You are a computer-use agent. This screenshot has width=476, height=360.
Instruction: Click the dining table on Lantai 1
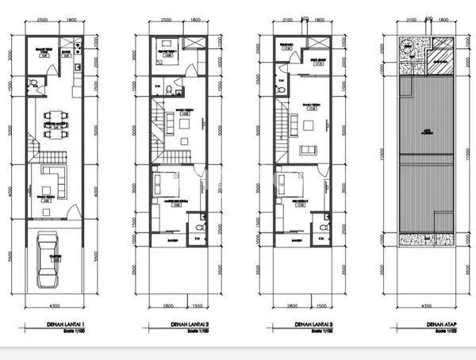(x=55, y=125)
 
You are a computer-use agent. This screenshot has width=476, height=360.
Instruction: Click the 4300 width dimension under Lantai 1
(x=52, y=305)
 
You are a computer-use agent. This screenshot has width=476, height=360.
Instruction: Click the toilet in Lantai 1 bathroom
(x=32, y=83)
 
